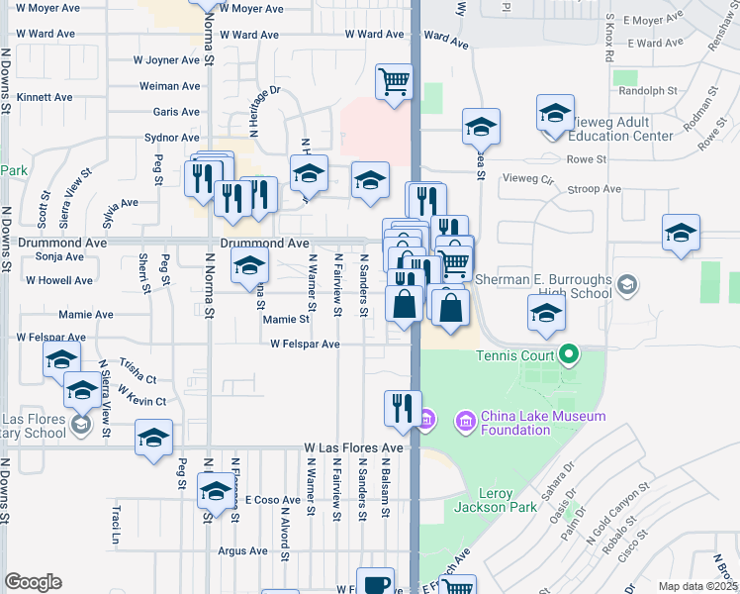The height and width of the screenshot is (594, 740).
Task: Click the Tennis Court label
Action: click(515, 355)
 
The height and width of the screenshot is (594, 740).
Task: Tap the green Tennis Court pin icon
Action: click(569, 353)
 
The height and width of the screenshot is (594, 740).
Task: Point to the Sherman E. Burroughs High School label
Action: click(543, 287)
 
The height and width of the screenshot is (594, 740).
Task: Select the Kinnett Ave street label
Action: click(46, 98)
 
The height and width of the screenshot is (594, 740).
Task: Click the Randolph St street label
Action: click(647, 90)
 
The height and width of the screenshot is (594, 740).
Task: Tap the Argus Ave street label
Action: click(243, 550)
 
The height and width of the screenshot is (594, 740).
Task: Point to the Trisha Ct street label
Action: click(138, 372)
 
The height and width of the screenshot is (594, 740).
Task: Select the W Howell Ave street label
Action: click(59, 281)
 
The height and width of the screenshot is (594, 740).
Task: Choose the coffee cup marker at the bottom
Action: click(375, 583)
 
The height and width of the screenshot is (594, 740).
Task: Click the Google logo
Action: click(33, 582)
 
